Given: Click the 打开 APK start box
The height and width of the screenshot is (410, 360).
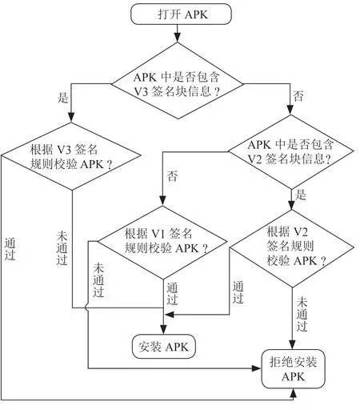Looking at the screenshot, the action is [x=181, y=14].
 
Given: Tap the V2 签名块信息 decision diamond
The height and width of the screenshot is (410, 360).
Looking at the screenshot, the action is [x=291, y=152].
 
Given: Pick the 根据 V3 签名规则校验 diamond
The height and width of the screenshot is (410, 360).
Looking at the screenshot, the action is [x=71, y=156].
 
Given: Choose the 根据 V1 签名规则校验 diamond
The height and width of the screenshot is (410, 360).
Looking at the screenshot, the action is [x=162, y=243].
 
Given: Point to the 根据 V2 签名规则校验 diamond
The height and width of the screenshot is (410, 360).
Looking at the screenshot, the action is [x=292, y=248].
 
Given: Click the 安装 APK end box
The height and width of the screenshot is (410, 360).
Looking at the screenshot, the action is [x=164, y=347].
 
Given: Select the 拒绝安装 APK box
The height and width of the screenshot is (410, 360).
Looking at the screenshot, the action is [x=293, y=369].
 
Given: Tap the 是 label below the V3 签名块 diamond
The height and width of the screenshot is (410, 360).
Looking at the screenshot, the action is [x=63, y=98].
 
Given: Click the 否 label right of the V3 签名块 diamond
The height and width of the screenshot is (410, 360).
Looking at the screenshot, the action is [x=298, y=96].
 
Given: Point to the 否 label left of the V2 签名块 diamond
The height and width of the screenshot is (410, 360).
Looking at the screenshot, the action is [x=172, y=176].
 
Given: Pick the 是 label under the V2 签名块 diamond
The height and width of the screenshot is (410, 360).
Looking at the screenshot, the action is [x=301, y=195].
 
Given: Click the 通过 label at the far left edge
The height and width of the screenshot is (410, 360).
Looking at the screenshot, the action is [x=10, y=249].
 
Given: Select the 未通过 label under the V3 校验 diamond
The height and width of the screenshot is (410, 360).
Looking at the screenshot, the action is [x=62, y=248].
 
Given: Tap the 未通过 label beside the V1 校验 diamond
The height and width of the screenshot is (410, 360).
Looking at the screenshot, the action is [x=98, y=280].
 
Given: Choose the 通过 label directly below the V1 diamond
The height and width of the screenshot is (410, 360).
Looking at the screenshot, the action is [x=172, y=294].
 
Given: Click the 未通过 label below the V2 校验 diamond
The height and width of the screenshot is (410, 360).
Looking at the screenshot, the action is [x=302, y=314].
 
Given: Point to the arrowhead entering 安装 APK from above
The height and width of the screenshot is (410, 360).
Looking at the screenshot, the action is [x=163, y=329].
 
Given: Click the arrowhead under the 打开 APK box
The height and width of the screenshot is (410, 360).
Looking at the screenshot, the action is [x=178, y=38].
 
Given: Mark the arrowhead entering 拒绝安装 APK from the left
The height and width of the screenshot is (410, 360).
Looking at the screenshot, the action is [x=257, y=368].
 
